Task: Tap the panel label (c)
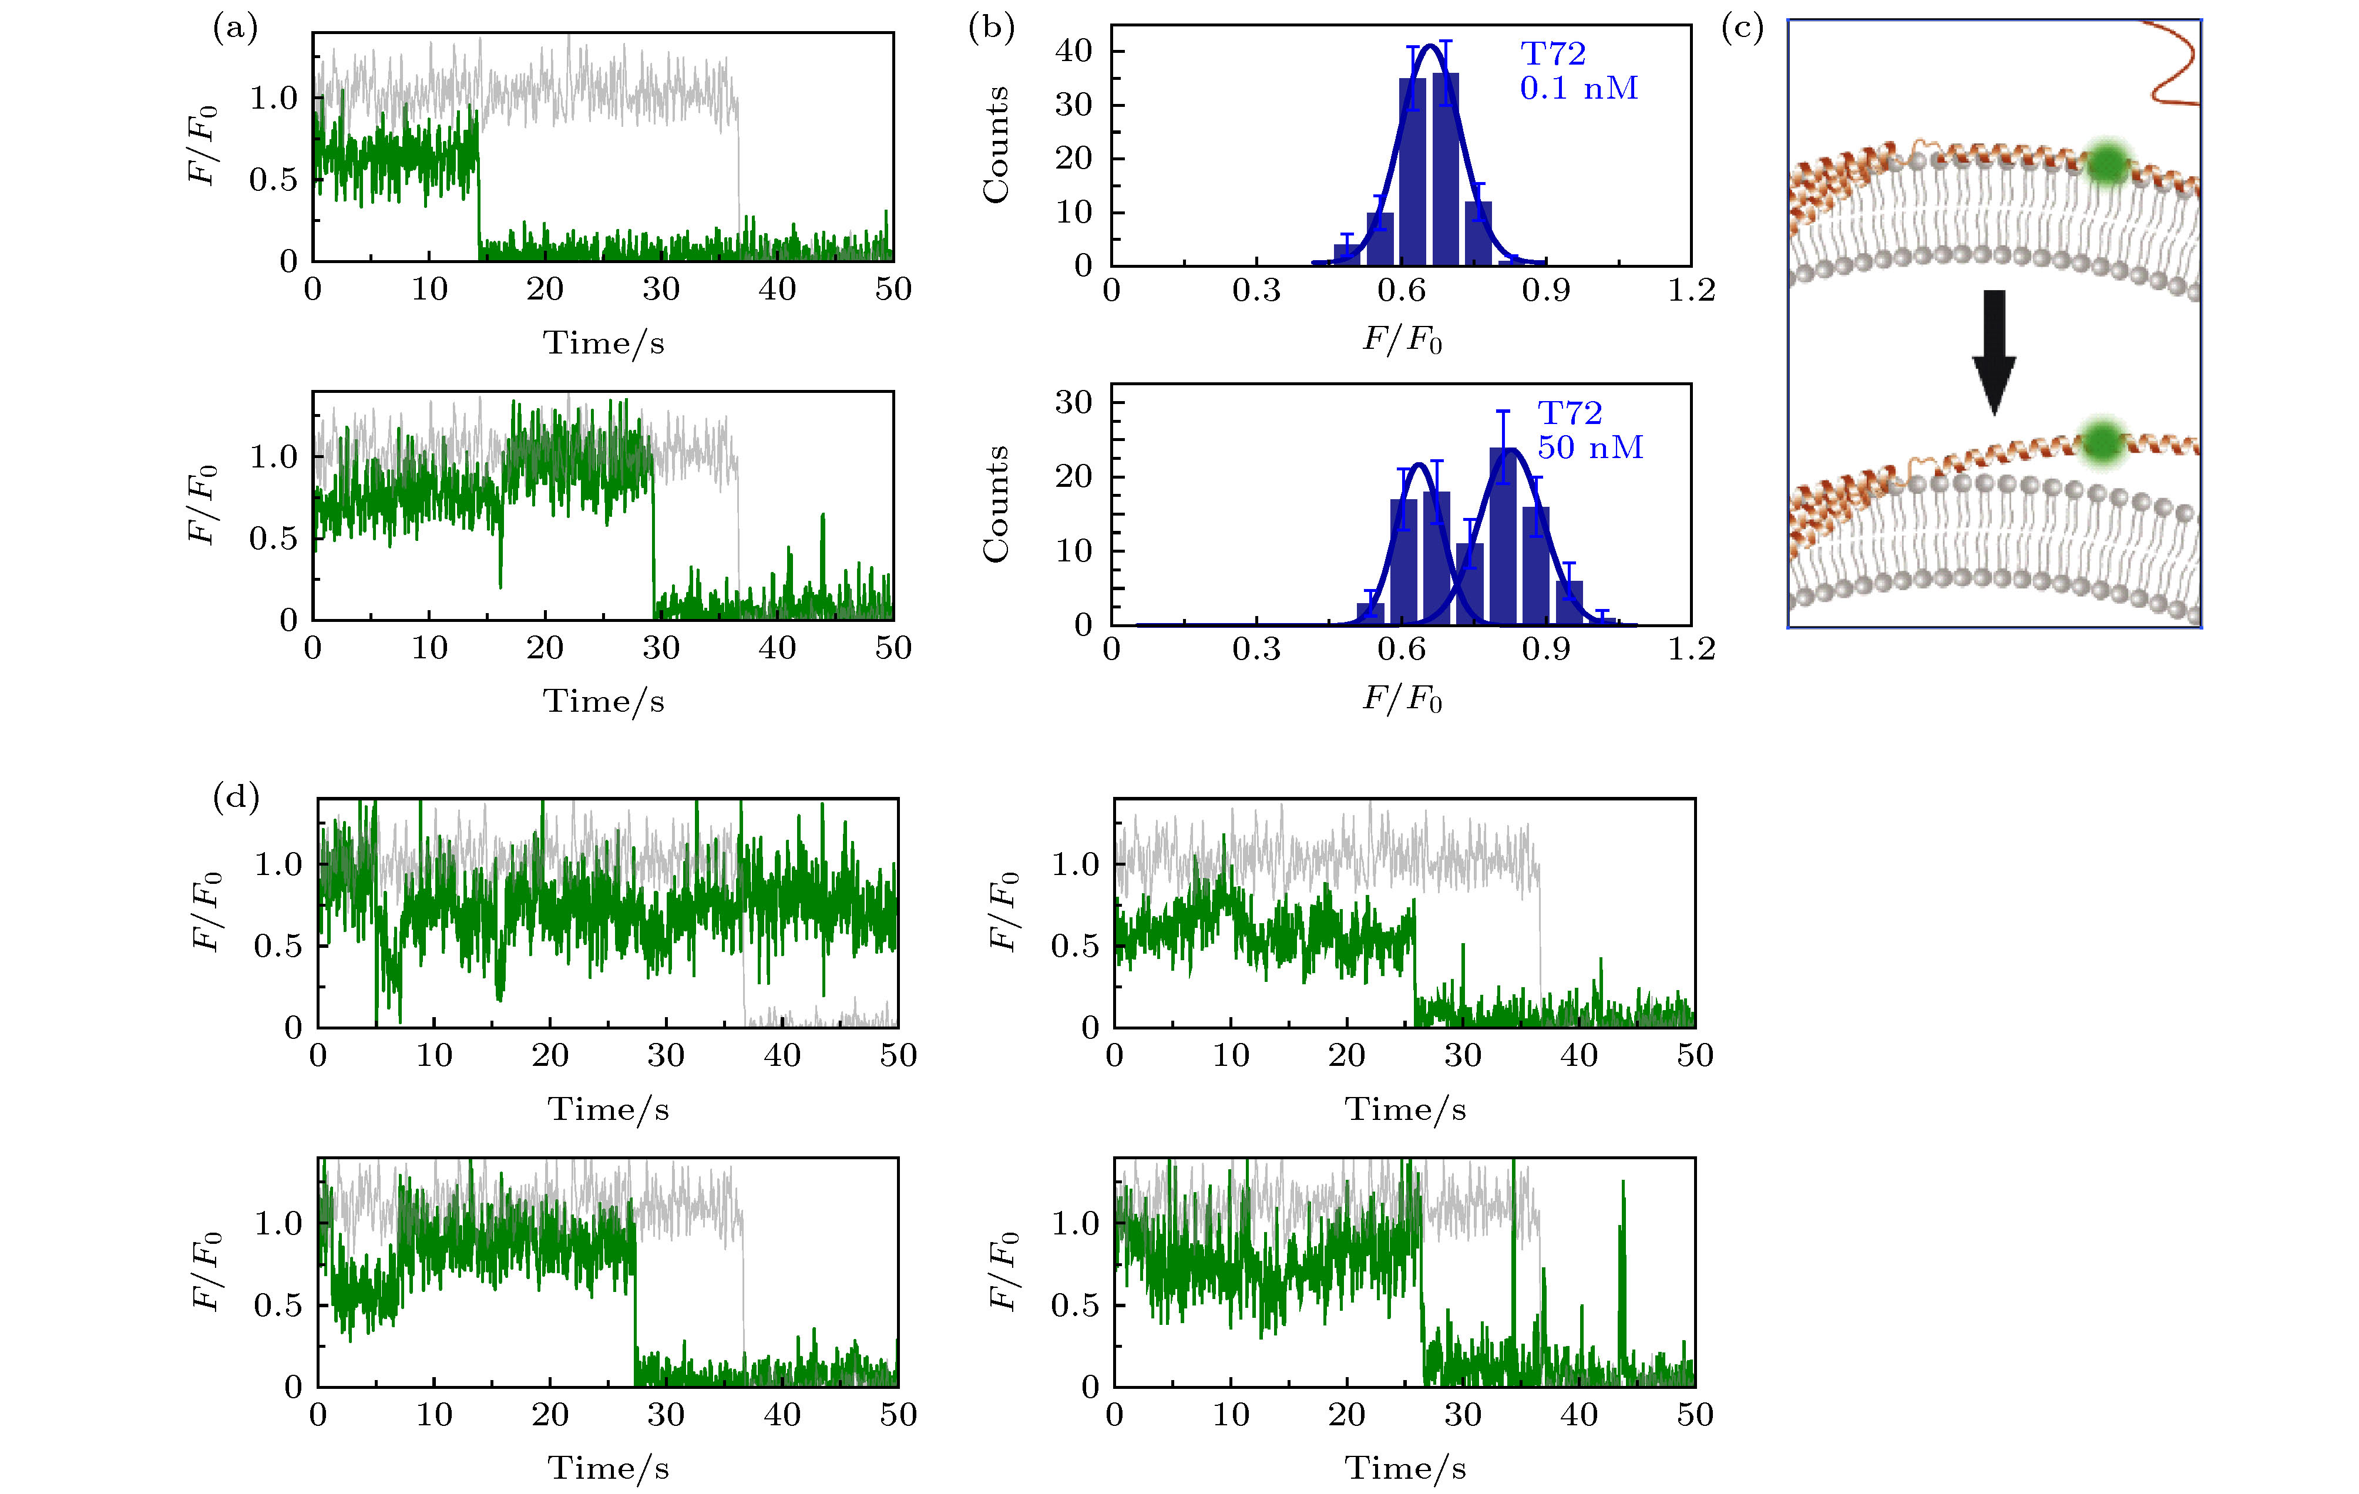pyautogui.click(x=1742, y=28)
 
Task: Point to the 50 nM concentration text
pyautogui.click(x=1589, y=447)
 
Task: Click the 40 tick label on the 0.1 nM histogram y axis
pyautogui.click(x=1074, y=51)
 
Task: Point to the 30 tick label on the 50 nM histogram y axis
pyautogui.click(x=1074, y=403)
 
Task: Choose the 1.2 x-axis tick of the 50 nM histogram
pyautogui.click(x=1691, y=648)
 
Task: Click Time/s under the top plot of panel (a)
pyautogui.click(x=603, y=343)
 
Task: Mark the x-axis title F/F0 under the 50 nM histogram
pyautogui.click(x=1402, y=698)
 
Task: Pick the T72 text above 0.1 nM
pyautogui.click(x=1552, y=54)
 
